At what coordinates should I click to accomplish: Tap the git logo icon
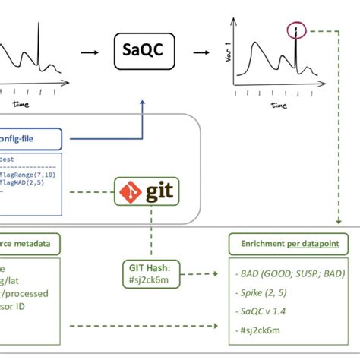(x=148, y=191)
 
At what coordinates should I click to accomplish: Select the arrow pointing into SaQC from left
(x=92, y=52)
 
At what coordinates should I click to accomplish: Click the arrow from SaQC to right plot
(x=201, y=52)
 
